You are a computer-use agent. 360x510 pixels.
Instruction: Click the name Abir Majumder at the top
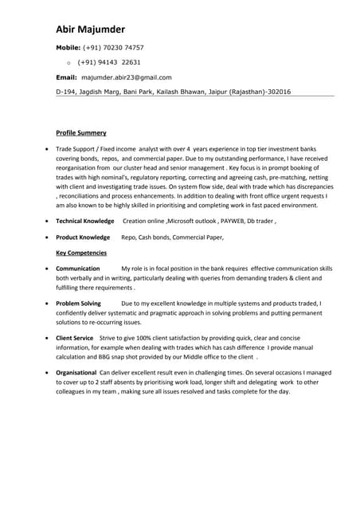91,29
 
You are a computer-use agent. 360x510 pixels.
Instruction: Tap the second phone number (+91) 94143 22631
110,61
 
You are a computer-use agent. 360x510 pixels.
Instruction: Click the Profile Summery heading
80,132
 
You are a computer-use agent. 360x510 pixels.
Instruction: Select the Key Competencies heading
81,253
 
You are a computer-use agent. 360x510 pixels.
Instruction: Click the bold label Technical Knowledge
85,221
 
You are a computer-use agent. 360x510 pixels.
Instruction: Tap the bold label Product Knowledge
83,237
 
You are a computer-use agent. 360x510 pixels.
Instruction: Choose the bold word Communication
78,269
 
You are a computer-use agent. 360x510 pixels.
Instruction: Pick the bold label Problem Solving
78,304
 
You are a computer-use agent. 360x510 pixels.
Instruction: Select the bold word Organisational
76,373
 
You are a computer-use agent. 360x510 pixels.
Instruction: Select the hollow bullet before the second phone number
69,62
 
